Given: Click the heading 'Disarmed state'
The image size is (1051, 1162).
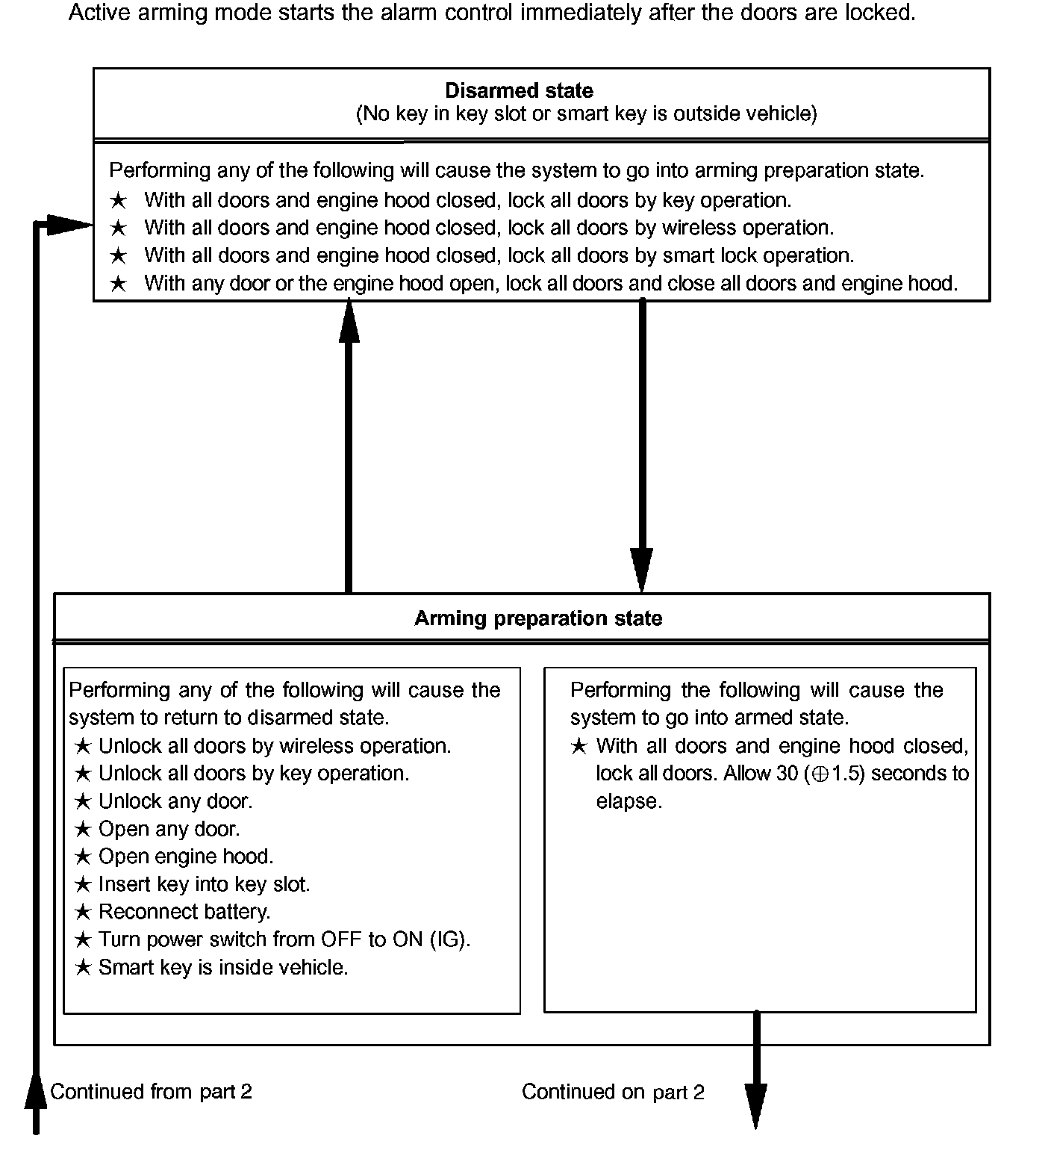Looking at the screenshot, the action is [519, 91].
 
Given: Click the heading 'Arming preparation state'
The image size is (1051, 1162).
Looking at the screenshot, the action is [538, 618].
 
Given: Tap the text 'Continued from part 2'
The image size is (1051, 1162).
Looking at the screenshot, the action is [152, 1092].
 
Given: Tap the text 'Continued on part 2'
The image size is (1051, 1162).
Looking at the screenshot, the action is [613, 1092].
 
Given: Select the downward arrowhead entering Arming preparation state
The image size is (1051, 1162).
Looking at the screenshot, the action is [642, 571].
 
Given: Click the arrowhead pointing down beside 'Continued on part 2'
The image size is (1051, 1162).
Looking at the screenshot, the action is [756, 1107].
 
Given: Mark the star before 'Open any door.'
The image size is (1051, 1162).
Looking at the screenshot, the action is [83, 829].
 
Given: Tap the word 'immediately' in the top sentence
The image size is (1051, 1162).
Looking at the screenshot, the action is [570, 13].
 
